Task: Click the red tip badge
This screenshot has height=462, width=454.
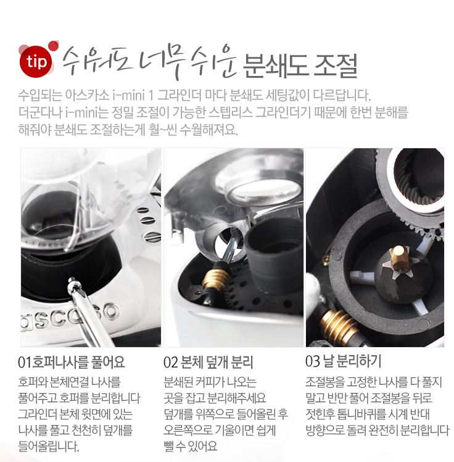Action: coord(36,62)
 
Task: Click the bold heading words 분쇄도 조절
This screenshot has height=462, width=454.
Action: coord(300,65)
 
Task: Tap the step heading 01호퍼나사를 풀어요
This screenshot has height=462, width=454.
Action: coord(72,362)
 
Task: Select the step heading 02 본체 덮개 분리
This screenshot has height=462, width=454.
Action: coord(208,363)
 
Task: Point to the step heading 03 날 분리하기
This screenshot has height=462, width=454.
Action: coord(344,361)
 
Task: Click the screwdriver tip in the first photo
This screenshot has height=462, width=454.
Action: coord(71,280)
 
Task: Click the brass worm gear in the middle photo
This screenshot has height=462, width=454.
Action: coord(216,279)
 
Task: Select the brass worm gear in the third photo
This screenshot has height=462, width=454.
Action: coord(339,325)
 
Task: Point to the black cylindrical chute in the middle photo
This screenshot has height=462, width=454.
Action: coord(274,253)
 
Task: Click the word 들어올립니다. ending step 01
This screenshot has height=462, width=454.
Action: coord(49,446)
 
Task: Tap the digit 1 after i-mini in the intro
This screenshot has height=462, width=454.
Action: coord(151,95)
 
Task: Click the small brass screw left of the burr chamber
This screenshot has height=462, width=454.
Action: coord(326,259)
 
